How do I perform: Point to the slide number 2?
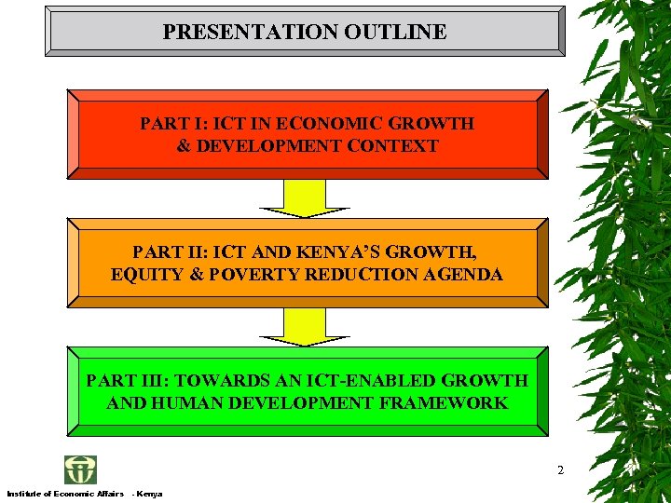pyautogui.click(x=560, y=470)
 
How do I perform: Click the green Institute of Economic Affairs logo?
pyautogui.click(x=80, y=469)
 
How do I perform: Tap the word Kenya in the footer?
pyautogui.click(x=150, y=493)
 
